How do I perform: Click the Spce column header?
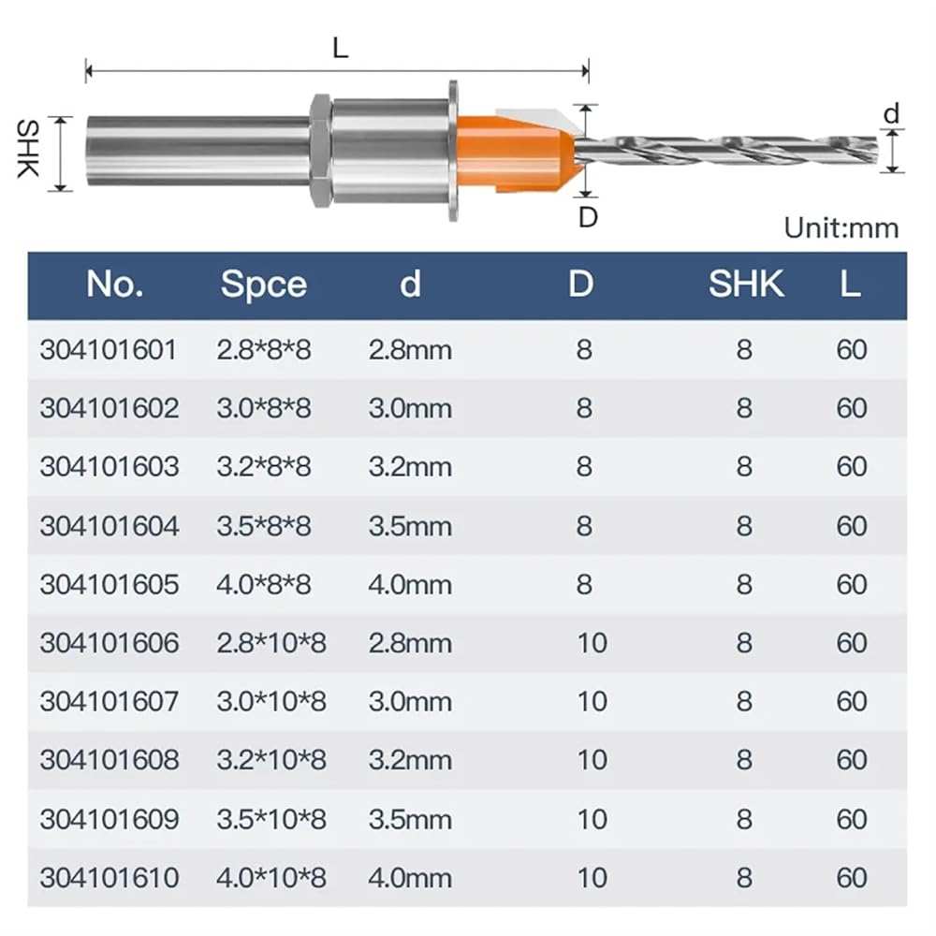point(264,285)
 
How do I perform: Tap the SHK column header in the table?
point(746,284)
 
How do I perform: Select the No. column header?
point(114,284)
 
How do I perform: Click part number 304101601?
point(109,350)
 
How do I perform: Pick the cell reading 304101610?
point(110,878)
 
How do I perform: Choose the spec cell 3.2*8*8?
point(264,467)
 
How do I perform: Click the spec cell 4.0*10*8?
point(271,878)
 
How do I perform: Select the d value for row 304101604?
point(410,526)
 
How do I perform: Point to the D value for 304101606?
point(592,644)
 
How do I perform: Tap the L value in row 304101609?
point(852,820)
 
